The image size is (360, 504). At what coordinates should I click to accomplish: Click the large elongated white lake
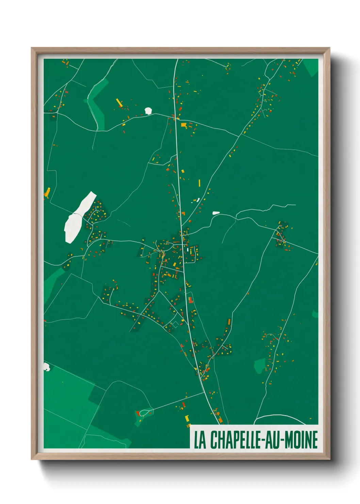[x=78, y=218]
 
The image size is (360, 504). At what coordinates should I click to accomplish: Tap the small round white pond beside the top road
[x=148, y=111]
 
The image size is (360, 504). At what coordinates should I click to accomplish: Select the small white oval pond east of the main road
[x=216, y=213]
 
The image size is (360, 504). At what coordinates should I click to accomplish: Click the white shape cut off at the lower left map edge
[x=46, y=367]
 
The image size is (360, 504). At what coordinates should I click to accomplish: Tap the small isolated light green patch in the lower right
[x=260, y=365]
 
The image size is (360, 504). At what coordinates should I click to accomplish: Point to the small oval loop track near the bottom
[x=144, y=413]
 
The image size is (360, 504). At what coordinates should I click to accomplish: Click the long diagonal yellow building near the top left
[x=119, y=103]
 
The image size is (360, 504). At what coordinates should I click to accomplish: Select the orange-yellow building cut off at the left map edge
[x=47, y=193]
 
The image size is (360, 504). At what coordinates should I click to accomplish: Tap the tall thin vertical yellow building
[x=199, y=183]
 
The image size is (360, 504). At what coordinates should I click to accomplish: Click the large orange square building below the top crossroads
[x=183, y=125]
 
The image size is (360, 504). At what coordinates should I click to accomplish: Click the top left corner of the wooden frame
[x=32, y=48]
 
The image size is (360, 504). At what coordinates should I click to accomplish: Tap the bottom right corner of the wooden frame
[x=329, y=459]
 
